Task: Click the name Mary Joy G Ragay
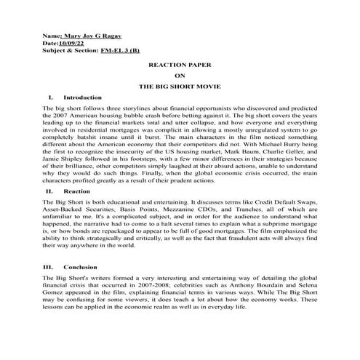tap(91, 34)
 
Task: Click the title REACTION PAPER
tap(180, 65)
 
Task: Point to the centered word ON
tap(180, 75)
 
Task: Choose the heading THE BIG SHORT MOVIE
tap(180, 86)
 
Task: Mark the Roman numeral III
tap(48, 267)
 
